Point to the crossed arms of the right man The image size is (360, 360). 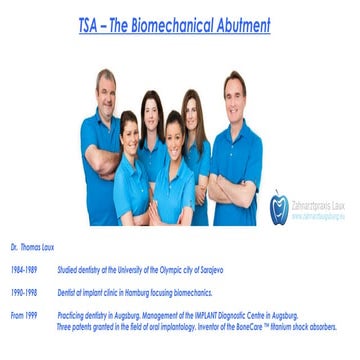tap(232, 184)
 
